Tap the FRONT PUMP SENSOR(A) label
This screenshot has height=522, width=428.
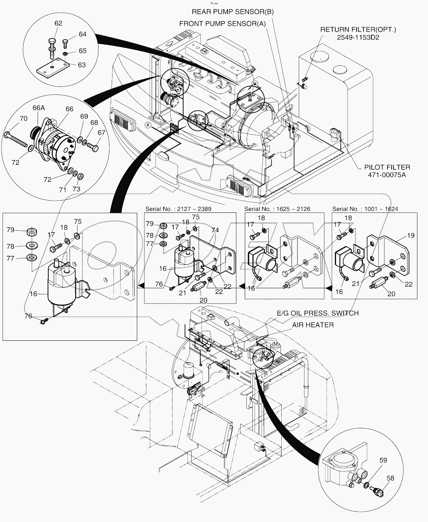click(222, 24)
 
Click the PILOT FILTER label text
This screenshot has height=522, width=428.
click(387, 167)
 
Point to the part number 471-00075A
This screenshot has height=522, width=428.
click(387, 175)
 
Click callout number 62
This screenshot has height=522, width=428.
click(58, 24)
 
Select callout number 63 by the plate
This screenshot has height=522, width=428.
click(82, 65)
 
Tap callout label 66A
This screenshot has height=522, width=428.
click(39, 108)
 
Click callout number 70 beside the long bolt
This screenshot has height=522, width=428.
click(23, 119)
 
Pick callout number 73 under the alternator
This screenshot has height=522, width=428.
click(76, 189)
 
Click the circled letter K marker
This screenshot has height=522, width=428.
click(147, 125)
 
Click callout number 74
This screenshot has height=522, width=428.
click(215, 230)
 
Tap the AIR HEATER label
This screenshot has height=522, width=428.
click(313, 325)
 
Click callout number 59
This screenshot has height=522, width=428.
click(383, 460)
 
